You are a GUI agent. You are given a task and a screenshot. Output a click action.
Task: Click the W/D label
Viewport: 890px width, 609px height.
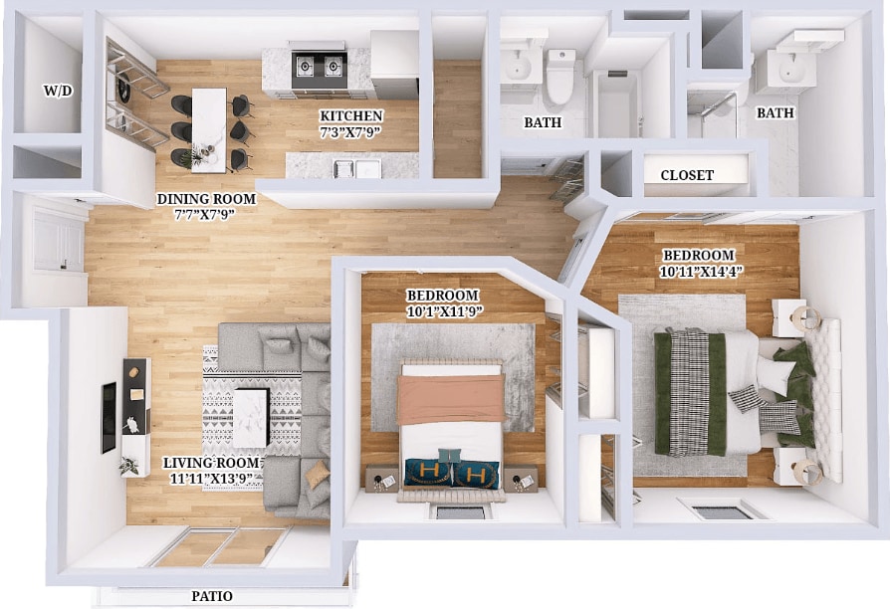[57, 91]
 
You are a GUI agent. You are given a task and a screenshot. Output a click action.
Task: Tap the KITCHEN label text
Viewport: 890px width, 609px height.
[350, 116]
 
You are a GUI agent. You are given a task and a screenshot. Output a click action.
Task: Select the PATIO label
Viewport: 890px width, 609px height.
[212, 596]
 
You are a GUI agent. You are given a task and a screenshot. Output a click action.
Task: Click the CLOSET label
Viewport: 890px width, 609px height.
[687, 175]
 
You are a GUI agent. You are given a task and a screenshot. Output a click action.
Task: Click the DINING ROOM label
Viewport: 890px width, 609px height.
[206, 199]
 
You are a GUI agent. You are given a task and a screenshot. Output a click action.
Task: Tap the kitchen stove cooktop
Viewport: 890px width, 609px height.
[317, 67]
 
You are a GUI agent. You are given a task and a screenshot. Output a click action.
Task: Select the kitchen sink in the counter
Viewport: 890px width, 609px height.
[355, 168]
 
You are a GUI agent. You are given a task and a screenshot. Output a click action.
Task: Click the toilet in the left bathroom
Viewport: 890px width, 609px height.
[560, 79]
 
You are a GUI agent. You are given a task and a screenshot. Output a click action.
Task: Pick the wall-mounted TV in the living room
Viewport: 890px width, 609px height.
[108, 417]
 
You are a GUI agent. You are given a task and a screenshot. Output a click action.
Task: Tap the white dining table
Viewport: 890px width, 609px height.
[209, 127]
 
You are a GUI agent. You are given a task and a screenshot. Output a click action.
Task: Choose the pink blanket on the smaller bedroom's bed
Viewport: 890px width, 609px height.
[451, 398]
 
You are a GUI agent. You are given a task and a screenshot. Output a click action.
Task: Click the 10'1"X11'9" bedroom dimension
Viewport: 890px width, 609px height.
[443, 310]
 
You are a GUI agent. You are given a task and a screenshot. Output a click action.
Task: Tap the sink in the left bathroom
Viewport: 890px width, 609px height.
[518, 68]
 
